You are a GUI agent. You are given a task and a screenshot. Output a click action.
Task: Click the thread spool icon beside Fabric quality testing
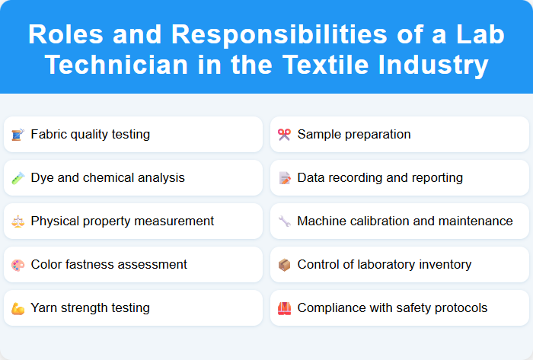click(18, 135)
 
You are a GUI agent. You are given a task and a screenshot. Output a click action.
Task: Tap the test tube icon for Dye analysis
click(18, 178)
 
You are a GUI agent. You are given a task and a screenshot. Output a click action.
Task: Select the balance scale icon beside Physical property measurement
click(18, 221)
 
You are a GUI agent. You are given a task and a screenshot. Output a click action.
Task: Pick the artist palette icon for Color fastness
click(18, 265)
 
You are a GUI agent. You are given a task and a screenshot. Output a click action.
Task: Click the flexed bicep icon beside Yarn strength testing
click(18, 308)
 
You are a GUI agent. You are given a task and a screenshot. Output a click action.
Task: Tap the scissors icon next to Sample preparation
click(284, 135)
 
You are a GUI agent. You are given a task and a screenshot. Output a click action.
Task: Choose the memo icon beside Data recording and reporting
click(284, 178)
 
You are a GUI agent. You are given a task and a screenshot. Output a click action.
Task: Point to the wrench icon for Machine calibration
click(284, 221)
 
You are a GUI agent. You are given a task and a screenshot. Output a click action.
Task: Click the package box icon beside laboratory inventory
click(284, 265)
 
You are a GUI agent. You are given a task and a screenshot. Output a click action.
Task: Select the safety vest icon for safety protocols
click(284, 308)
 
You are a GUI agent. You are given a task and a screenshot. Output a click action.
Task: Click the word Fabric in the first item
click(49, 135)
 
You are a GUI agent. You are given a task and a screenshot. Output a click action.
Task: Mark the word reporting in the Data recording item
click(435, 178)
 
